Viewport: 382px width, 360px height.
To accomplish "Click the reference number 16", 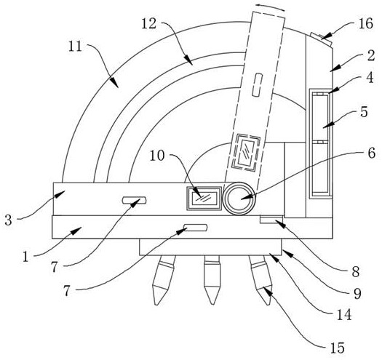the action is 366,24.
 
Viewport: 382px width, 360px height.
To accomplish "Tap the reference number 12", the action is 148,24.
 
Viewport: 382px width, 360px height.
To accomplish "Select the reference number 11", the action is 75,47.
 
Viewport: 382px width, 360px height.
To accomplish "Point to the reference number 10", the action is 157,156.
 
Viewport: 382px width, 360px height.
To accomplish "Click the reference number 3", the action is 8,220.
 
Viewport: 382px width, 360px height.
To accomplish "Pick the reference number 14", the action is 344,315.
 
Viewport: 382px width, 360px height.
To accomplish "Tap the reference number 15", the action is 338,348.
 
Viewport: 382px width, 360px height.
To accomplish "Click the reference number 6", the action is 371,153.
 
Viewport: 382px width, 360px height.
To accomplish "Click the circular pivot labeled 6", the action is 239,199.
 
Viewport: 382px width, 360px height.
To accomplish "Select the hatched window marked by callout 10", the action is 204,199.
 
